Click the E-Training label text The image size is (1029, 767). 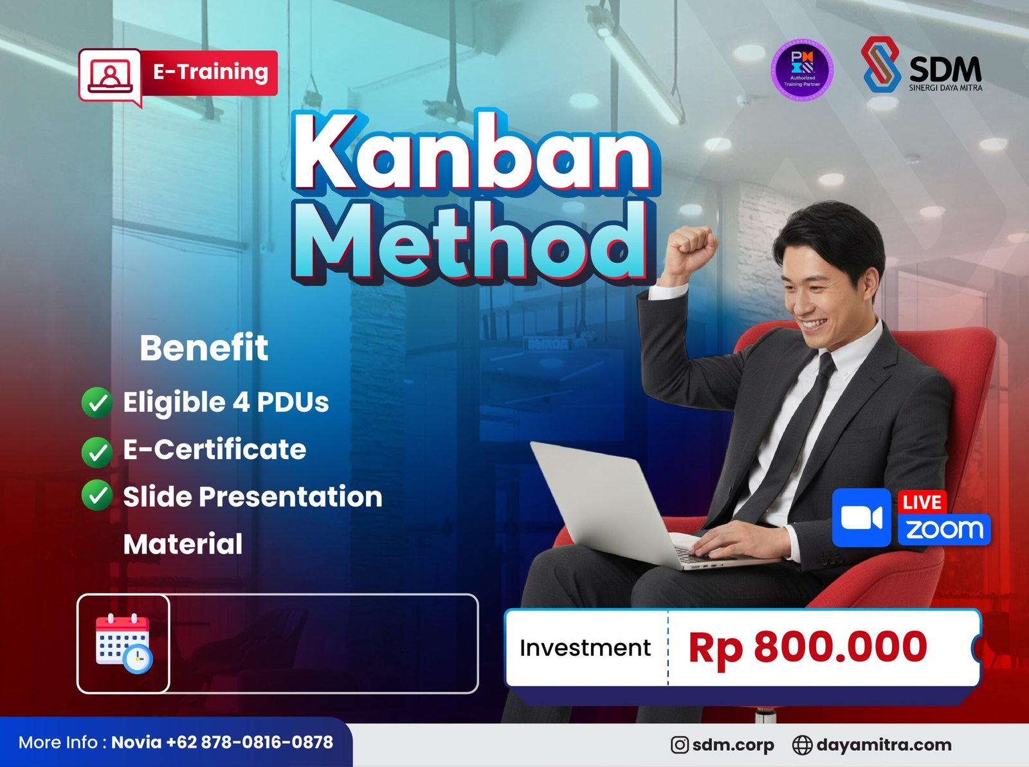click(210, 71)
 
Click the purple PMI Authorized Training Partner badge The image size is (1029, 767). click(802, 71)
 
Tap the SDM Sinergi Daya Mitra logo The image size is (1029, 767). click(922, 65)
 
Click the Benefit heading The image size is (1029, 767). click(204, 348)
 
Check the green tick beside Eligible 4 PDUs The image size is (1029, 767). click(97, 403)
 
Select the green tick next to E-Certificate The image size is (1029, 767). click(97, 451)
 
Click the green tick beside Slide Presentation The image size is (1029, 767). click(97, 496)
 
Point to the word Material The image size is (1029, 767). click(183, 544)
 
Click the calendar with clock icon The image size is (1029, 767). click(123, 644)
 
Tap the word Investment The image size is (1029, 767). click(585, 647)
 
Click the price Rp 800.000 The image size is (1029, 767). click(807, 647)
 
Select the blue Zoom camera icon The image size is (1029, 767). click(861, 518)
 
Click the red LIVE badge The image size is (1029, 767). click(922, 502)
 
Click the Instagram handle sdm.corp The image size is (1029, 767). click(733, 744)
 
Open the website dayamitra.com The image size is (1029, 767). click(883, 744)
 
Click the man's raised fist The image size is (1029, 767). click(691, 249)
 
